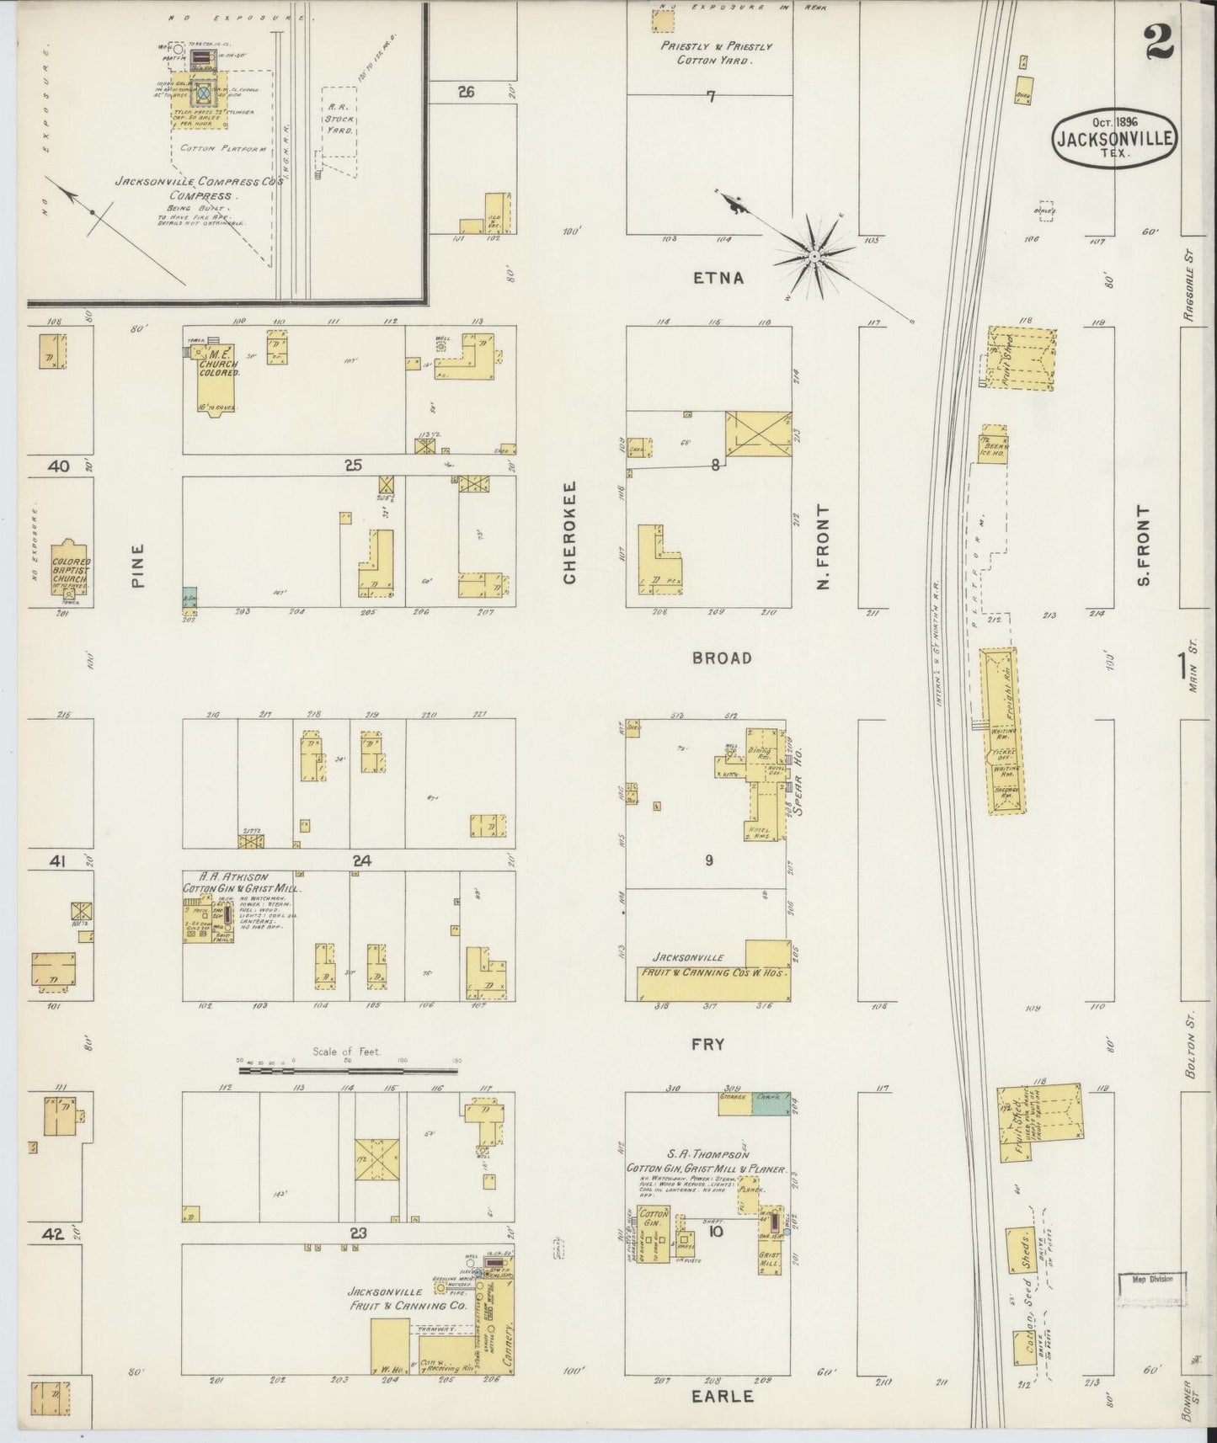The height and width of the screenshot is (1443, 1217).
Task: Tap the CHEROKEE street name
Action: point(569,533)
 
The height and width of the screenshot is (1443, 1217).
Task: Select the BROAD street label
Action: point(722,658)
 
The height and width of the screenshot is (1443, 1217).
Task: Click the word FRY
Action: point(707,1044)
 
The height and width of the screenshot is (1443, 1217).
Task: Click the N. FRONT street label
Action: point(824,547)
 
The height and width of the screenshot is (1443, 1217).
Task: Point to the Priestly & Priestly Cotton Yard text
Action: point(716,53)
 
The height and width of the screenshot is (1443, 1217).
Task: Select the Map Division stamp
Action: point(1151,1279)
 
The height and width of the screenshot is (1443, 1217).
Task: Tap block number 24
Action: point(362,860)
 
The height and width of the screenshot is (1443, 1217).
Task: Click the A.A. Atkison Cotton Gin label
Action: point(243,882)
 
